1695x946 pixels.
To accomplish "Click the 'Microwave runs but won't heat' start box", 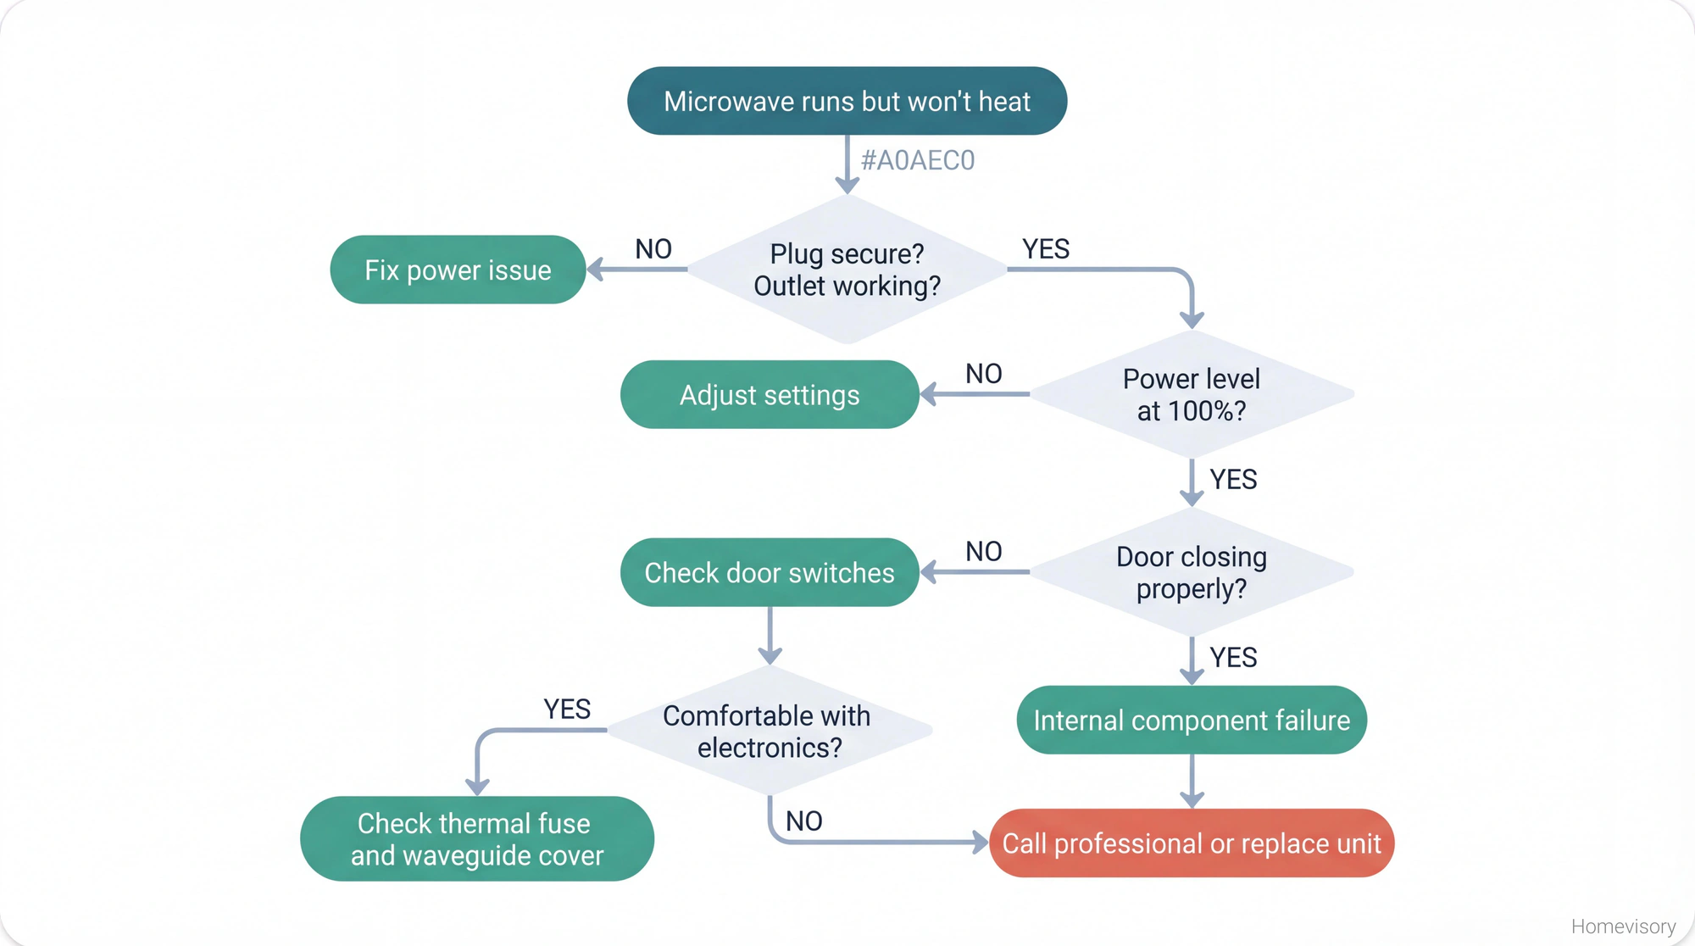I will tap(847, 101).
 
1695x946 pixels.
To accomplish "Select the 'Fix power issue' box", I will tap(458, 270).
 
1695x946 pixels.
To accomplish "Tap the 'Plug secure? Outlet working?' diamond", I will tap(847, 270).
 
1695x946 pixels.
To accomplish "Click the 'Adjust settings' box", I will tap(770, 395).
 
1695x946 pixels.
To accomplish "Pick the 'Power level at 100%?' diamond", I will tap(1191, 394).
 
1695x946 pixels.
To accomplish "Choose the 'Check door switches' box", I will tap(770, 572).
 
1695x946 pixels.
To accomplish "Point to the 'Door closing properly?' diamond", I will tap(1191, 572).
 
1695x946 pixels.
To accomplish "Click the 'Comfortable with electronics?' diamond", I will tap(770, 731).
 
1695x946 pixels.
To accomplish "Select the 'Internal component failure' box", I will tap(1191, 720).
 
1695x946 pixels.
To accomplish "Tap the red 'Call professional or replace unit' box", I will tap(1191, 843).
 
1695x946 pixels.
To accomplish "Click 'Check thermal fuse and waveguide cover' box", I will tap(477, 838).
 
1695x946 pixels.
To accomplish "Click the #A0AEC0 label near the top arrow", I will tap(918, 160).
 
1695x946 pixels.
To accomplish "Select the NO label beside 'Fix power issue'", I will tap(653, 249).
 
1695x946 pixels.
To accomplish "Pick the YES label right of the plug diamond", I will tap(1046, 249).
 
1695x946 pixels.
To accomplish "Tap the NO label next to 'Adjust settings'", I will tap(984, 374).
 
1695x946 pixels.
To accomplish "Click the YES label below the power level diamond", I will tap(1233, 480).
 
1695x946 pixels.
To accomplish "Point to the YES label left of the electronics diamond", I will tap(567, 709).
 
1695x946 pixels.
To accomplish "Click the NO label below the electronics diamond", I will tap(803, 821).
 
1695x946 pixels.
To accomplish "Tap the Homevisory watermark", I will tap(1623, 927).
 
